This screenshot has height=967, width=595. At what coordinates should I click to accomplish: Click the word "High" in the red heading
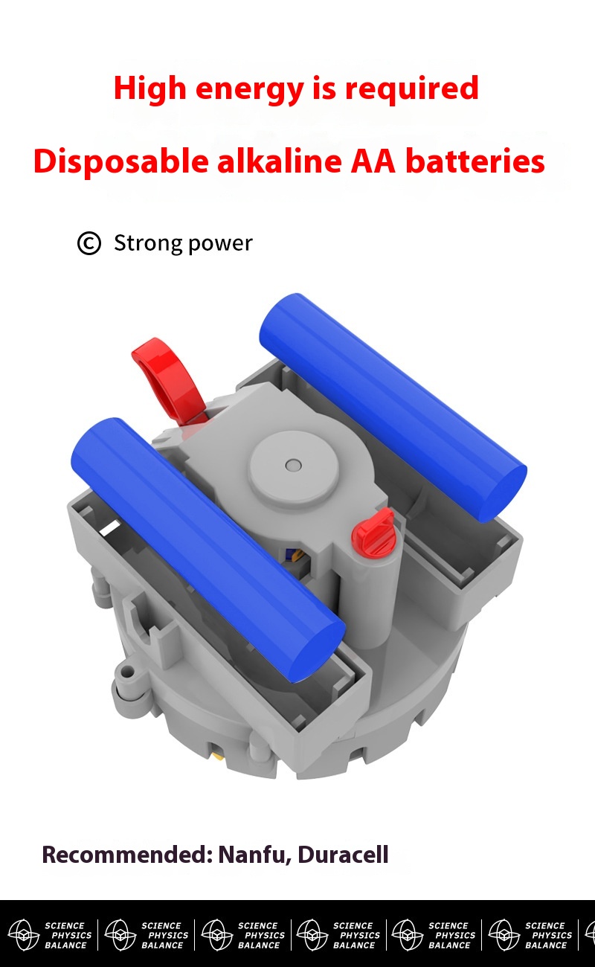coord(149,88)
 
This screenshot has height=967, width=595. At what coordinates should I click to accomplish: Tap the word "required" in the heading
coord(412,88)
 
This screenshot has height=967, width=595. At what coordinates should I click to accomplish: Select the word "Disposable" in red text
coord(121,162)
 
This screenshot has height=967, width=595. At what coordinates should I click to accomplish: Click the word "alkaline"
coord(280,161)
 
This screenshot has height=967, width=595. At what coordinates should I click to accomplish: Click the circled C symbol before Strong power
coord(89,243)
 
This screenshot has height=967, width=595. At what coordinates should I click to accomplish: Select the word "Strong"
coord(149,244)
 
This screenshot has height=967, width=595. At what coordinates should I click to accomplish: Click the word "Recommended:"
coord(127,855)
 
